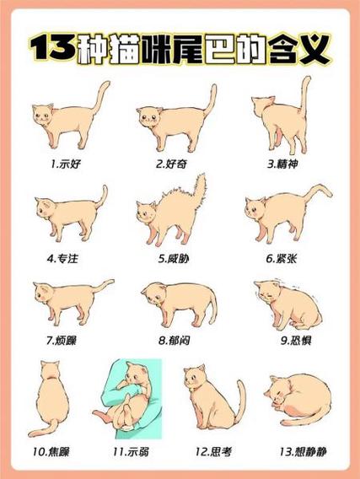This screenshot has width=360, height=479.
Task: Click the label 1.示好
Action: [66, 161]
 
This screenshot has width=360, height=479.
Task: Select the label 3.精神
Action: [284, 161]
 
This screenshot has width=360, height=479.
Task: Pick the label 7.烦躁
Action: [64, 341]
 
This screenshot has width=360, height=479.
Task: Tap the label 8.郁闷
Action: [175, 341]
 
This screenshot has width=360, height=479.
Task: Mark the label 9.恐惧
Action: [285, 341]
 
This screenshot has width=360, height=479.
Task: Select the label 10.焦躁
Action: [52, 452]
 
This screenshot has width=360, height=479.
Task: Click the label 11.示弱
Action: [137, 452]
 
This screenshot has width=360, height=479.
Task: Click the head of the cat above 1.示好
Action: [43, 115]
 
